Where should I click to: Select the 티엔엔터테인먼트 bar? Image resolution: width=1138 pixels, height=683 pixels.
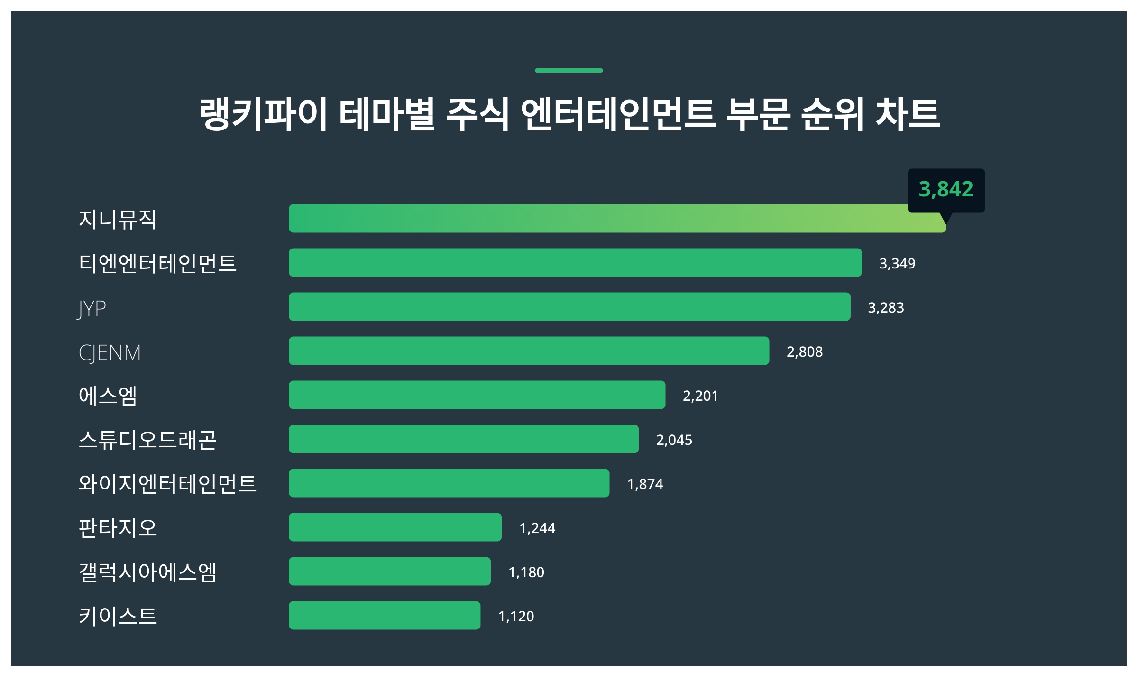click(x=575, y=263)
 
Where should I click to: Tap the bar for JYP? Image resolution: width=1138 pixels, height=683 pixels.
click(x=569, y=307)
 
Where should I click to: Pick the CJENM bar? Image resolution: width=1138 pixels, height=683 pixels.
click(x=529, y=351)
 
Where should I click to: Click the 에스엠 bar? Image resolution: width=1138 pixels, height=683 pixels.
click(x=477, y=395)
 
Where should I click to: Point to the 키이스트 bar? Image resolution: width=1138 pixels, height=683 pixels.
click(x=384, y=616)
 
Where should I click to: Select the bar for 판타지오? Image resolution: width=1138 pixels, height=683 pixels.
click(x=395, y=527)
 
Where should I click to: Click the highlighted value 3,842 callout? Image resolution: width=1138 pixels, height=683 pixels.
click(x=946, y=190)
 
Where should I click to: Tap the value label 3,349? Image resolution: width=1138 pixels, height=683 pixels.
click(x=897, y=264)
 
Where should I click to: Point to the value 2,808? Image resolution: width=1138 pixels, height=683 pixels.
click(x=805, y=352)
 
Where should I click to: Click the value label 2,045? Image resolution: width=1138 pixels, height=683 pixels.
click(x=674, y=440)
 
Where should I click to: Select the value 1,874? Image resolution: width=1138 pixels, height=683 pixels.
click(x=645, y=484)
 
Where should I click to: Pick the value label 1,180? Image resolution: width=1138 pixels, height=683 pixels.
click(x=526, y=572)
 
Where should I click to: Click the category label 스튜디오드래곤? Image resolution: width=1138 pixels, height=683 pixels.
click(x=147, y=440)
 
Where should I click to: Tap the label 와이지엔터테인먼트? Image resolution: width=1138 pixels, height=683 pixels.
click(x=167, y=484)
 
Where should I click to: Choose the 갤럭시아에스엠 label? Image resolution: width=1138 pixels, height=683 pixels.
click(x=147, y=572)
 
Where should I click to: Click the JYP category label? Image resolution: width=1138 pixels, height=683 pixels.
click(x=92, y=308)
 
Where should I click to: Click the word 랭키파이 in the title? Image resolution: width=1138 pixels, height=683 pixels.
click(x=263, y=114)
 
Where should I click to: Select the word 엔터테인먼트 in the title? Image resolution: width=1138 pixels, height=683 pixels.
click(x=618, y=114)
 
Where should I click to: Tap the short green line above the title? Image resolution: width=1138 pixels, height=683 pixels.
click(x=569, y=71)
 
